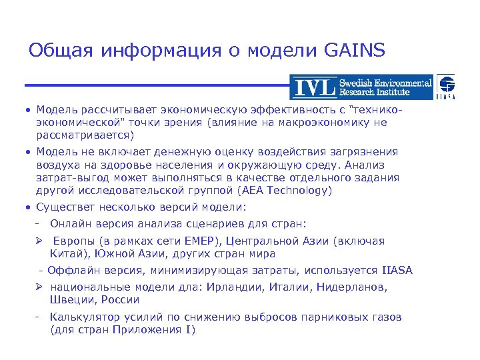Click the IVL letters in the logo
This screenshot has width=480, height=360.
coord(315,88)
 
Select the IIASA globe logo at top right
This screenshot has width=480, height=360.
coord(445,87)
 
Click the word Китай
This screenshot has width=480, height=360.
coord(67,254)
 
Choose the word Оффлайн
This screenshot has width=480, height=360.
coord(74,271)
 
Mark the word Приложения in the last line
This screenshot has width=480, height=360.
coord(151,330)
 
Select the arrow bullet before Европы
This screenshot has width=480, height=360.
coord(39,241)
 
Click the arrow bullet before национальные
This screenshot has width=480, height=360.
coord(39,287)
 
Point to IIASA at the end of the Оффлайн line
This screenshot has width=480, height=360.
coord(397,271)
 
